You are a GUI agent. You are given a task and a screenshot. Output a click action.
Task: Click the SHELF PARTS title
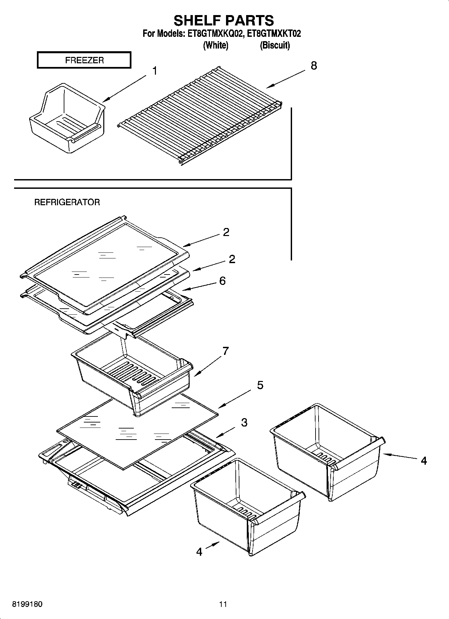224,21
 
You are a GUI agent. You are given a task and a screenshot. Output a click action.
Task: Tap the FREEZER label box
84,60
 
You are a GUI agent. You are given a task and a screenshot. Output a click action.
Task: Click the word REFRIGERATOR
67,202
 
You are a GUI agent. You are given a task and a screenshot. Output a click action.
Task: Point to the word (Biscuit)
275,45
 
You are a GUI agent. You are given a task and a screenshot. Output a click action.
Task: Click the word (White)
216,45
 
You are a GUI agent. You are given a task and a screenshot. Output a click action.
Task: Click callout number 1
155,71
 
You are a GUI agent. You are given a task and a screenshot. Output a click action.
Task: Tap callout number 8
314,66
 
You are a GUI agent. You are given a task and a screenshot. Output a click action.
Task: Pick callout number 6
222,281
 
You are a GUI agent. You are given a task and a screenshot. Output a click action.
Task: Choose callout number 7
225,351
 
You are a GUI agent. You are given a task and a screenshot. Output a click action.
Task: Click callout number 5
260,385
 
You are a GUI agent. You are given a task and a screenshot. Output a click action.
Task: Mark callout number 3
244,422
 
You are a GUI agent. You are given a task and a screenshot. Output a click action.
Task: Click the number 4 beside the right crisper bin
424,461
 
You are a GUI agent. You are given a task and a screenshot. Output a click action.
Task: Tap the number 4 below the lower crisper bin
199,551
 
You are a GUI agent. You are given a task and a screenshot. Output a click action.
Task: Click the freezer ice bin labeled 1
67,119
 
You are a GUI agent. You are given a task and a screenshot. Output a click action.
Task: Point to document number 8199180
27,604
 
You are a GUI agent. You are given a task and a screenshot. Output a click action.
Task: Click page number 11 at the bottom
223,604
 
